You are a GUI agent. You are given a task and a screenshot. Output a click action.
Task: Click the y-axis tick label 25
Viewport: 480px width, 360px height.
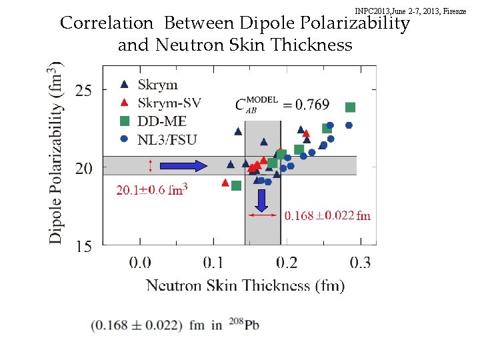click(83, 90)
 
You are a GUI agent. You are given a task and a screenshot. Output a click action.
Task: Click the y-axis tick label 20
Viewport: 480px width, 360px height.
click(83, 168)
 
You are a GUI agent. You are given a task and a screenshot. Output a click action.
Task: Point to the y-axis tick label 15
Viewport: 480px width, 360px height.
click(83, 247)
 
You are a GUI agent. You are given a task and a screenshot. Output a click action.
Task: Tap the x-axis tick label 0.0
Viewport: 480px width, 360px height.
click(140, 262)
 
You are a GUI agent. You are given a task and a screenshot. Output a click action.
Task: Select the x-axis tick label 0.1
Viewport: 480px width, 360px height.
click(213, 262)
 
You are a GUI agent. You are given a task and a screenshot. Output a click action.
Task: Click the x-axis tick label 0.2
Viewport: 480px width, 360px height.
click(287, 262)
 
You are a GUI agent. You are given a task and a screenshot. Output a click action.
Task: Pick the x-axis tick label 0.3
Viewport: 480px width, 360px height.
click(361, 262)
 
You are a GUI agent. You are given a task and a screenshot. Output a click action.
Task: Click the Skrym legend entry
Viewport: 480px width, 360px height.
click(157, 85)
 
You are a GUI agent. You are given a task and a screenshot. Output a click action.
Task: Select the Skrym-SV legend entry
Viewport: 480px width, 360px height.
click(169, 103)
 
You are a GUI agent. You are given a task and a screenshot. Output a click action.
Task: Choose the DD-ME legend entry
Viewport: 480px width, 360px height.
click(162, 121)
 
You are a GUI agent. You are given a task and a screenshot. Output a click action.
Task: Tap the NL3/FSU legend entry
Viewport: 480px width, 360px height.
click(167, 139)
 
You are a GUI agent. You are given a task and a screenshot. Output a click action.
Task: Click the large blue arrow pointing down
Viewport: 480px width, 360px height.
click(261, 200)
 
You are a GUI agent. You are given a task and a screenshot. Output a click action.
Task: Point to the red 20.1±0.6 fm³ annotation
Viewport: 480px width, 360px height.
click(152, 190)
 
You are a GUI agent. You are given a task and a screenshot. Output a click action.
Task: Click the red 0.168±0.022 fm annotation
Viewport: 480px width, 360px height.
click(327, 215)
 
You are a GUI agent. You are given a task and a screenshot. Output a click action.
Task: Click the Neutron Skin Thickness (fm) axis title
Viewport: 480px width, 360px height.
click(245, 285)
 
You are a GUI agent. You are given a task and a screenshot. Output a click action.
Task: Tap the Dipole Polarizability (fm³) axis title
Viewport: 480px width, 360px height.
click(57, 153)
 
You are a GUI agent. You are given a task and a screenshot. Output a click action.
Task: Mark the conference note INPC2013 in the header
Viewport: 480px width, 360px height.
click(411, 11)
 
